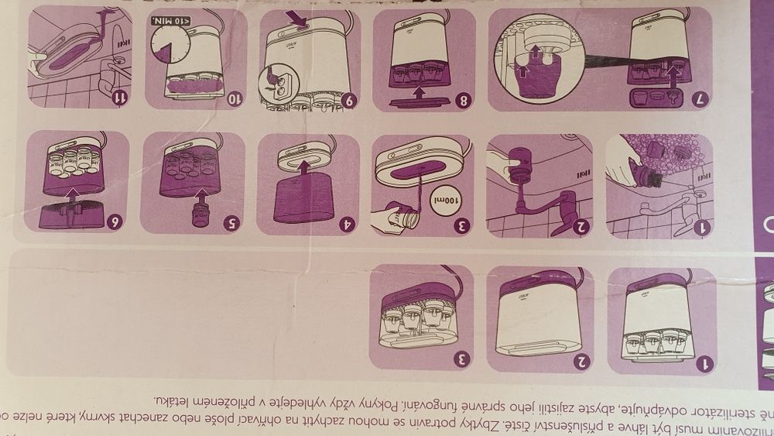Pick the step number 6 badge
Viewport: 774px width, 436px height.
[x=116, y=221]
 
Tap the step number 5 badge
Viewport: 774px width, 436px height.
[x=232, y=221]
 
